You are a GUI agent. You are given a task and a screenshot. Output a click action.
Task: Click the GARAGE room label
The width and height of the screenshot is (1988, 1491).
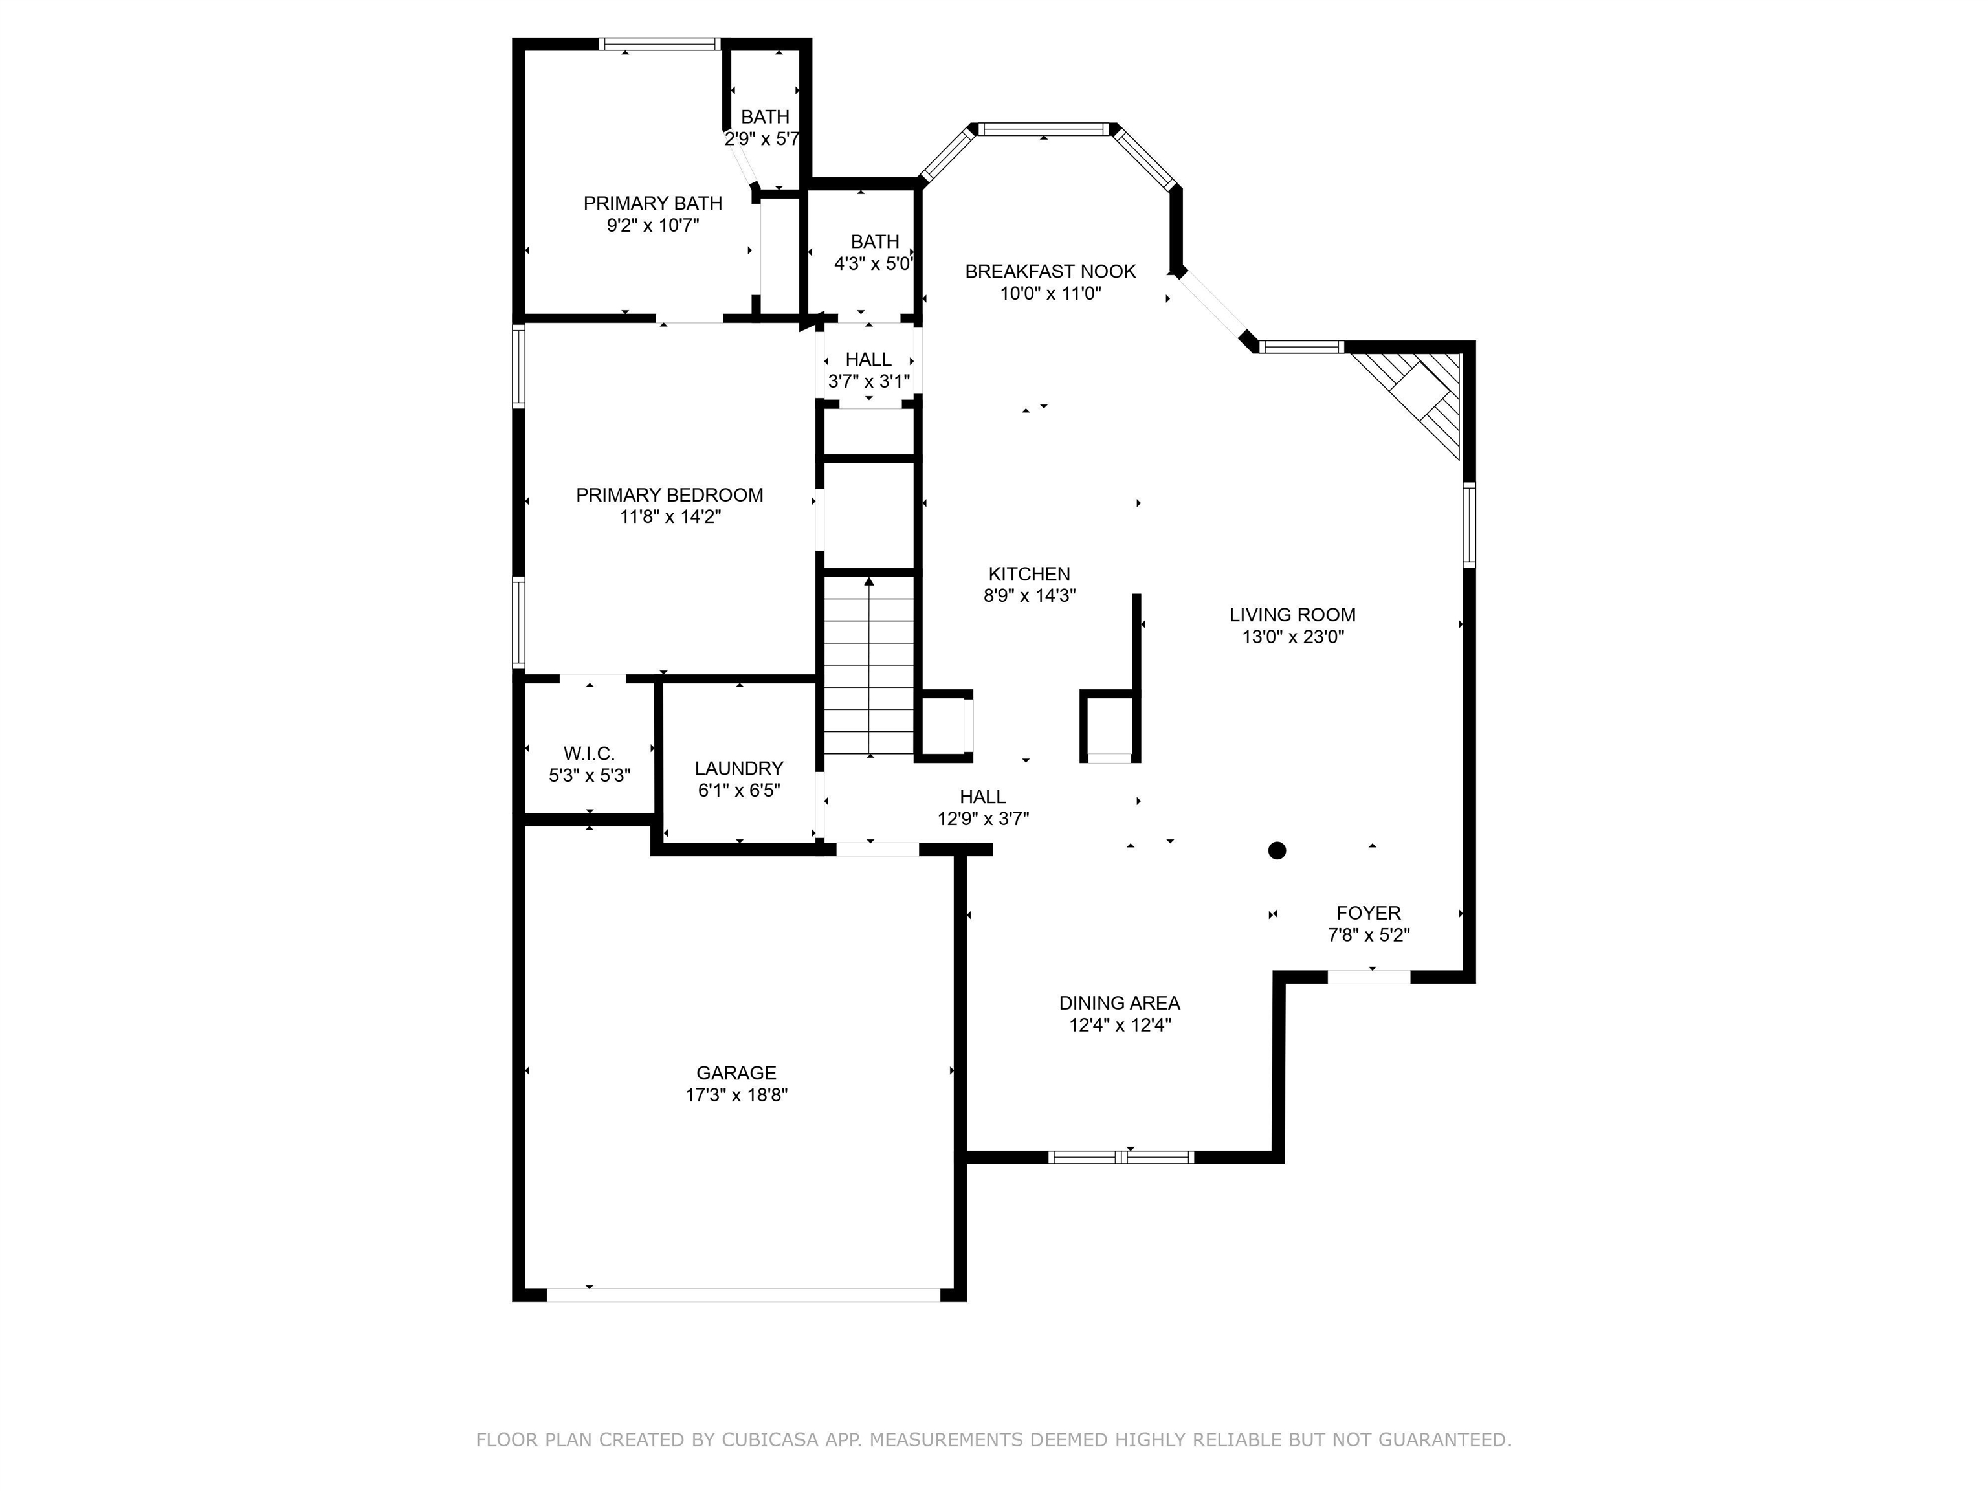pos(735,1072)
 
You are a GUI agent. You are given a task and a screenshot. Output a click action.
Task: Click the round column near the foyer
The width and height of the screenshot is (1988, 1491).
pos(1276,850)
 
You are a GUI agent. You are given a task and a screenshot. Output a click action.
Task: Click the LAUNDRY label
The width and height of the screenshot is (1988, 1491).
pos(739,768)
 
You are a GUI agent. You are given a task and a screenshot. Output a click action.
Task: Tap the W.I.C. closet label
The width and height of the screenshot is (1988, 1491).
pos(589,753)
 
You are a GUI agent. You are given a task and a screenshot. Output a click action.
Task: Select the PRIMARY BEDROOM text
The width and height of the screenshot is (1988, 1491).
pos(670,495)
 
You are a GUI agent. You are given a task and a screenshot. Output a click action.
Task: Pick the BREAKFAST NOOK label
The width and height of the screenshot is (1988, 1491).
pos(1050,271)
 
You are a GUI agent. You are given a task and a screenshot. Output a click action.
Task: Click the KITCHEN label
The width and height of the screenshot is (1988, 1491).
pos(1029,573)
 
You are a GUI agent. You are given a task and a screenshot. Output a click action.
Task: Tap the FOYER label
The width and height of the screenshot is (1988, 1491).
pos(1368,913)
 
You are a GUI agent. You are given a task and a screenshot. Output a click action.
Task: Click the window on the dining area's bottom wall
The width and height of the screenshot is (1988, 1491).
pos(1121,1156)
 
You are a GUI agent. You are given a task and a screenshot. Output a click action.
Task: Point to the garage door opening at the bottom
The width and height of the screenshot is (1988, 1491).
pos(744,1295)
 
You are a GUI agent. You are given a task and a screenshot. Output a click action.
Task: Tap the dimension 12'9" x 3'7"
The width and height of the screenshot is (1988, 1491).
pos(982,819)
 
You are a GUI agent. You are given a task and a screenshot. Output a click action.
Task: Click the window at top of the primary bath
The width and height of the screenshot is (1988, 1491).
pos(659,44)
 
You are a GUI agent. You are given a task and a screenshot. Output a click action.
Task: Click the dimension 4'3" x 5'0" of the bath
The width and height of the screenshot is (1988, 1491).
pos(874,264)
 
